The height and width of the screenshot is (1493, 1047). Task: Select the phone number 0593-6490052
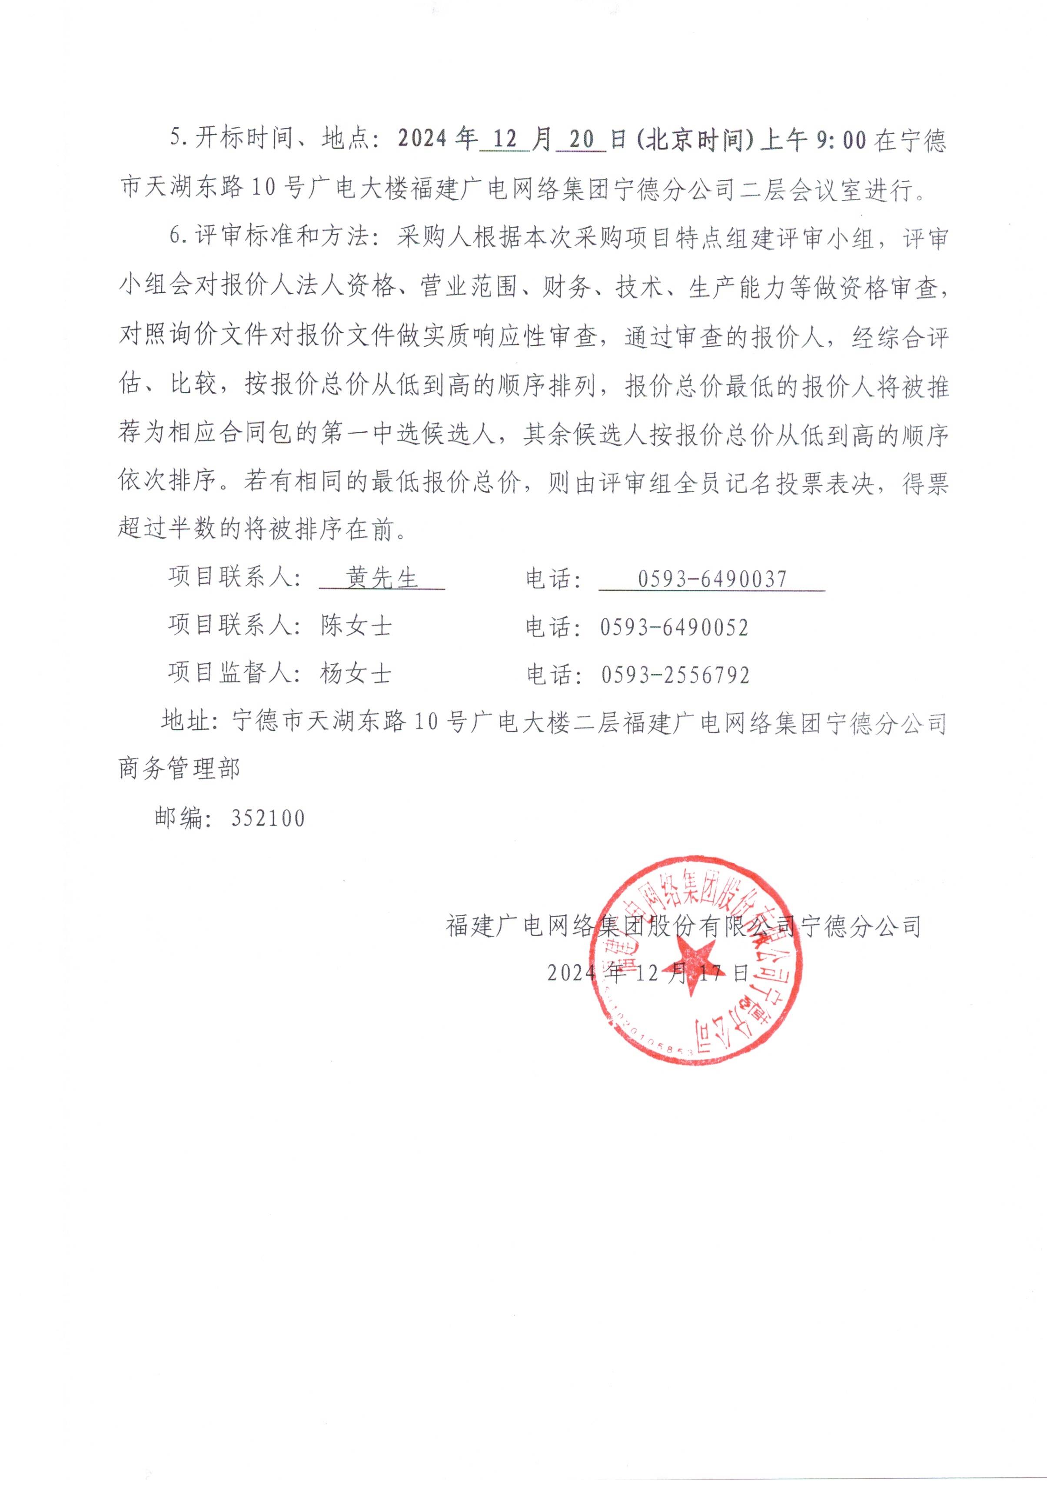tap(674, 627)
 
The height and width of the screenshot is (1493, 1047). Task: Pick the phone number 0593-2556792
tap(675, 675)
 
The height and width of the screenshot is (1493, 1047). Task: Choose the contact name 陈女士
tap(356, 626)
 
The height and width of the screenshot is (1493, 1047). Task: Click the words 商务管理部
tap(179, 770)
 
